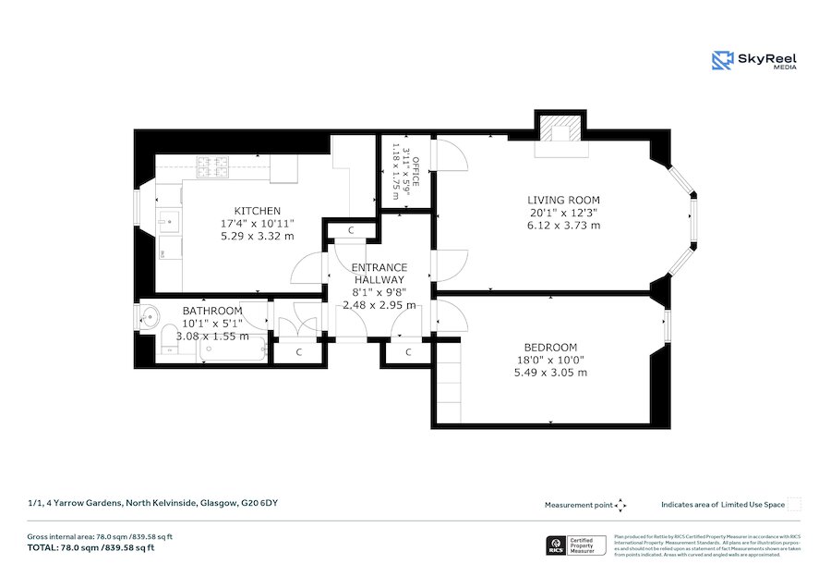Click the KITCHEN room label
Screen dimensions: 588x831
pyautogui.click(x=257, y=211)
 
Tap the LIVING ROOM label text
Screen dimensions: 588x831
pyautogui.click(x=563, y=200)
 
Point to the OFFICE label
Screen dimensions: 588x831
pyautogui.click(x=415, y=172)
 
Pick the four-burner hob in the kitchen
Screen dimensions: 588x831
pyautogui.click(x=212, y=166)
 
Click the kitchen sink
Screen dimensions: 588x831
pyautogui.click(x=169, y=221)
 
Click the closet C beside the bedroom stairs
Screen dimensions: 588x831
pyautogui.click(x=408, y=352)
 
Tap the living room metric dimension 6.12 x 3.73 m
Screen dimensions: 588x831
pyautogui.click(x=563, y=225)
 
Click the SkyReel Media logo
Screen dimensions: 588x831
pyautogui.click(x=754, y=61)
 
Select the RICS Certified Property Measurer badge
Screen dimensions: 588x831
pyautogui.click(x=574, y=545)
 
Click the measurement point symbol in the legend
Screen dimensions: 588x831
pyautogui.click(x=620, y=505)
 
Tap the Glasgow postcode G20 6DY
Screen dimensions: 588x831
pyautogui.click(x=259, y=503)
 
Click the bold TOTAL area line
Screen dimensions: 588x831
pyautogui.click(x=90, y=547)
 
